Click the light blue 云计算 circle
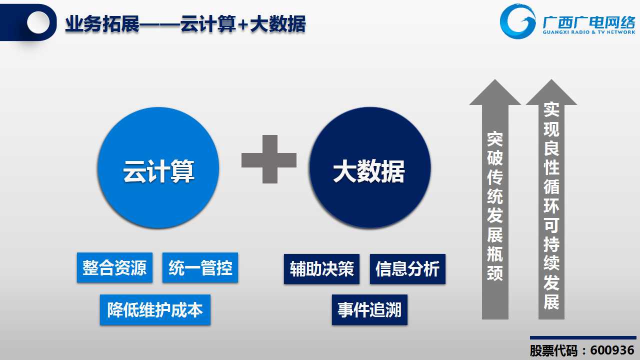click(x=158, y=168)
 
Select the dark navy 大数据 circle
click(x=370, y=168)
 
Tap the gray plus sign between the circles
click(x=269, y=159)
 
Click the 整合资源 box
click(x=114, y=267)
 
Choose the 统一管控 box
click(x=200, y=267)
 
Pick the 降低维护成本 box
click(x=155, y=309)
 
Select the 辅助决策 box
click(x=321, y=269)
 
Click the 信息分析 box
click(x=407, y=269)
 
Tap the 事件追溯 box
click(x=369, y=309)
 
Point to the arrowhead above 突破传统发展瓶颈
click(x=495, y=93)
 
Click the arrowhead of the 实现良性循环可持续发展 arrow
click(x=551, y=93)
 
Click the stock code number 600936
click(x=612, y=350)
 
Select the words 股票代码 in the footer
click(x=553, y=351)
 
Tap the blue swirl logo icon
click(x=517, y=21)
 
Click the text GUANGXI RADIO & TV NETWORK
click(x=589, y=32)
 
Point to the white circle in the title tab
click(x=38, y=22)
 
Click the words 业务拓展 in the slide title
click(x=102, y=24)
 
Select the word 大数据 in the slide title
click(x=277, y=24)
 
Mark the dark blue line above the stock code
click(x=583, y=337)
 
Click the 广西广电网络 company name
click(x=589, y=22)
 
